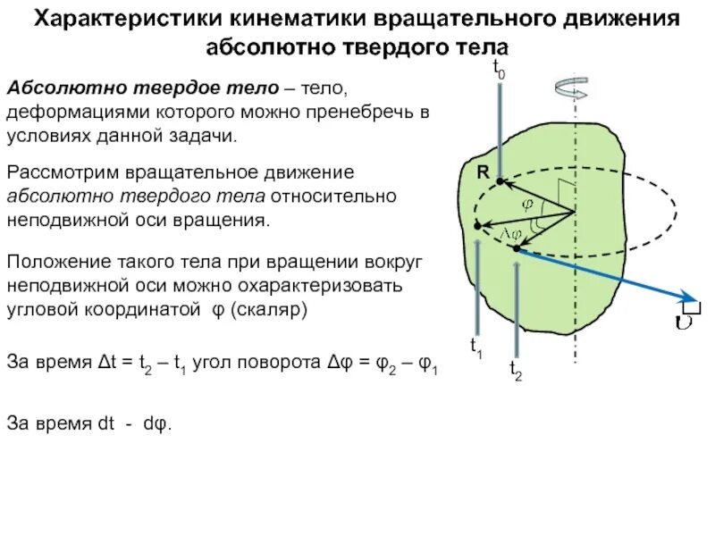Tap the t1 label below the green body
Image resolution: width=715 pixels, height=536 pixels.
476,348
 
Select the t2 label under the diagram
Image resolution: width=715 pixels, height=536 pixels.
516,368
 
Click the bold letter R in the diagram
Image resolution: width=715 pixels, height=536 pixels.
482,172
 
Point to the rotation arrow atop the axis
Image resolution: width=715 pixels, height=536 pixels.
571,88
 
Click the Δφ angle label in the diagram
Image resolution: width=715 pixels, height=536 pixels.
513,232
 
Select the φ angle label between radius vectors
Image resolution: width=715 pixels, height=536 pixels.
527,203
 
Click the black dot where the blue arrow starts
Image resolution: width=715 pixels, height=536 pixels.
517,249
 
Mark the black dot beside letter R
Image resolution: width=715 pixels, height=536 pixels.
500,182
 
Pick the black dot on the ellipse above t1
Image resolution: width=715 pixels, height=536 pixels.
478,225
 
